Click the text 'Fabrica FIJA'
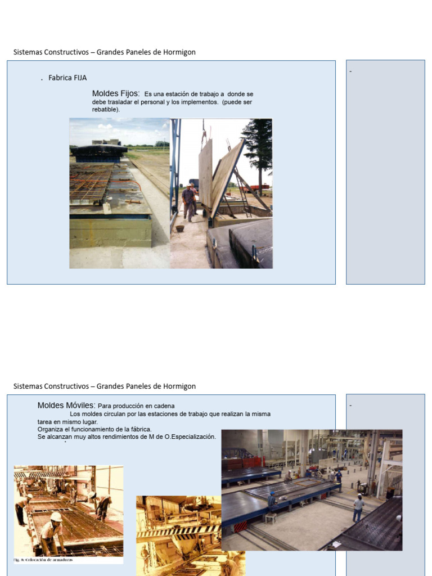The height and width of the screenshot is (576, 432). click(67, 78)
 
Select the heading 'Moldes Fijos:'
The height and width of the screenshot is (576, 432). click(116, 93)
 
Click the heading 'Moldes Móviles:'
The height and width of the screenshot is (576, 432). click(66, 405)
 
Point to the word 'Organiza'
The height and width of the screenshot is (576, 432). click(49, 429)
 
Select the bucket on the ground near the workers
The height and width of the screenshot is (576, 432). click(180, 228)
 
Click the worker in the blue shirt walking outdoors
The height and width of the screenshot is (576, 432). click(188, 201)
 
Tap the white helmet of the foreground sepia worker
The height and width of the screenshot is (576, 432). click(56, 516)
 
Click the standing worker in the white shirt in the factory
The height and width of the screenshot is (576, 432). click(358, 507)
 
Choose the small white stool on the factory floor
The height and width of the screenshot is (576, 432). click(271, 518)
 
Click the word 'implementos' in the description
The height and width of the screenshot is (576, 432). click(200, 102)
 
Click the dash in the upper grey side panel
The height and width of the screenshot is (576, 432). click(350, 71)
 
